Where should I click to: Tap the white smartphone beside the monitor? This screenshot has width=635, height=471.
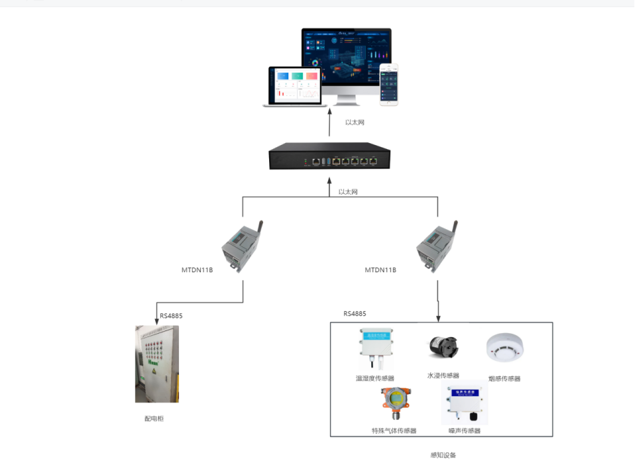tap(390, 84)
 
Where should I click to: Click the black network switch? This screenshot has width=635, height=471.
tap(329, 160)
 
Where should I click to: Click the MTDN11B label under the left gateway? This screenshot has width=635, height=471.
tap(197, 270)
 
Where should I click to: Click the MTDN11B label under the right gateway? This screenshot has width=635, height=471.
tap(380, 270)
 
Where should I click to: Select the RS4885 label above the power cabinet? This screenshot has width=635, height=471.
tap(171, 316)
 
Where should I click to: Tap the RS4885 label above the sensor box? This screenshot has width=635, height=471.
tap(355, 313)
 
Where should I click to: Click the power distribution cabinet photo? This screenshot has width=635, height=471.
tap(157, 364)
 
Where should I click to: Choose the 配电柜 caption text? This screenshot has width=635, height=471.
tap(152, 419)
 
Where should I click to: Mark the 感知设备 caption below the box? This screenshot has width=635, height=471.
tap(443, 455)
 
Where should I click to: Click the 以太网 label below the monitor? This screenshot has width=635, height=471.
tap(355, 123)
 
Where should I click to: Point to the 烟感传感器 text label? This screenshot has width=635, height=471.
tap(504, 379)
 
